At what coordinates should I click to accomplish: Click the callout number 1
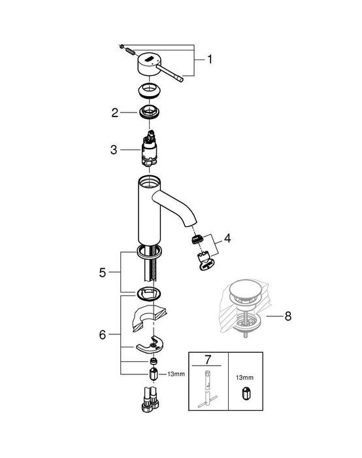click(209, 59)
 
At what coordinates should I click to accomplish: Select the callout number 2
click(114, 113)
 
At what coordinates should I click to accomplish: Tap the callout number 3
click(114, 149)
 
